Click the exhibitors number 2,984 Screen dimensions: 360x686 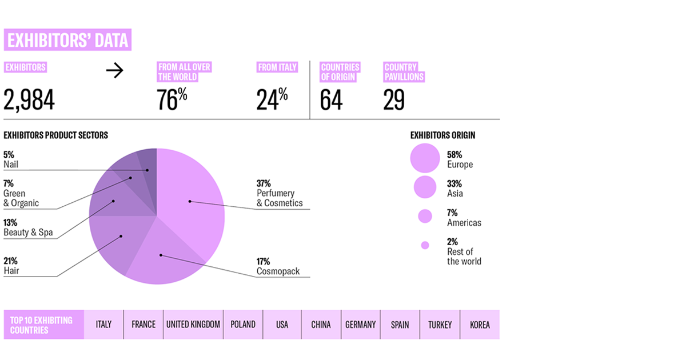[x=29, y=101]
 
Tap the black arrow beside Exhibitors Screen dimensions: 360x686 [x=115, y=71]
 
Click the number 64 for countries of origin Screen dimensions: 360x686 [x=331, y=101]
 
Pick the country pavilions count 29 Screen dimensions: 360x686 [x=394, y=101]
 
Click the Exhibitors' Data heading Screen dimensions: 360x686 [x=67, y=41]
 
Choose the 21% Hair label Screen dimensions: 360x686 [x=11, y=266]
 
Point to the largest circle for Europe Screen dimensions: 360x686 [x=425, y=158]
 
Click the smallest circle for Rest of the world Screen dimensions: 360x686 [x=425, y=245]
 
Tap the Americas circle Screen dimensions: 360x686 [x=425, y=216]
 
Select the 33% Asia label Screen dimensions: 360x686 [x=455, y=189]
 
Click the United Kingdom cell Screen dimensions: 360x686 [x=193, y=325]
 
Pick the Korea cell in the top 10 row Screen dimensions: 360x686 [x=480, y=325]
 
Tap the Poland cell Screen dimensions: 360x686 [x=243, y=325]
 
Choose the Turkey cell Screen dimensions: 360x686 [x=440, y=325]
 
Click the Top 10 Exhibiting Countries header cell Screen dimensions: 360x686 [x=43, y=325]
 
